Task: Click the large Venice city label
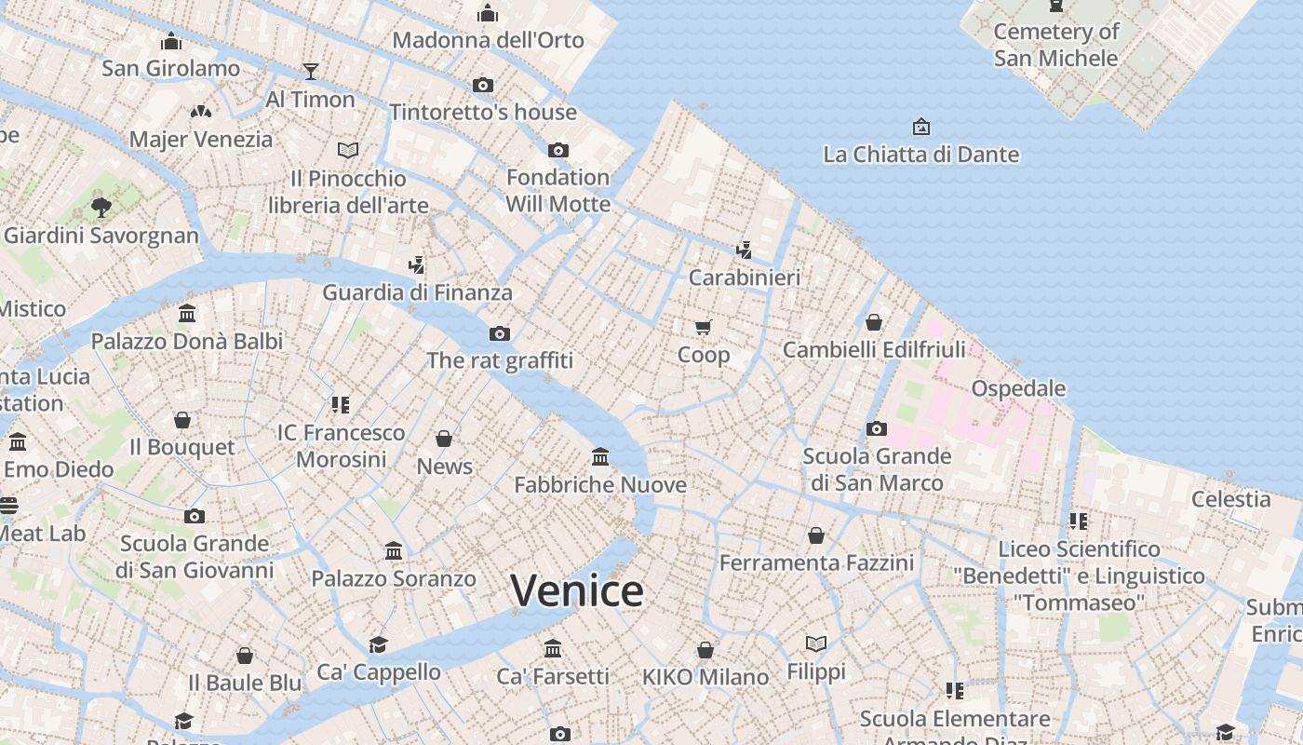577,590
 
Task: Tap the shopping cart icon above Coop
704,327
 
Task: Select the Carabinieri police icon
744,250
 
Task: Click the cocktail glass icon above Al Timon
310,72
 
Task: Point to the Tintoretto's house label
483,113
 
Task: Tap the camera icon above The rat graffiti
500,333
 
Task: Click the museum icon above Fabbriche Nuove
600,457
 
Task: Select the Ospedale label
1018,388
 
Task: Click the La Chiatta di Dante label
920,155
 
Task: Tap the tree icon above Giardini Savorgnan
101,208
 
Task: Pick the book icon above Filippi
816,643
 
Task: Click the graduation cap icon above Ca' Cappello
378,644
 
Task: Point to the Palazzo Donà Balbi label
187,342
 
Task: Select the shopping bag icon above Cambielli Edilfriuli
874,322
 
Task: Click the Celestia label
1230,499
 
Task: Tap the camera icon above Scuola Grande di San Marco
876,429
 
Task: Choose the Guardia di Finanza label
417,292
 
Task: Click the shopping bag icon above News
444,439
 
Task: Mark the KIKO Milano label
705,677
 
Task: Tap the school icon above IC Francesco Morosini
341,405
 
